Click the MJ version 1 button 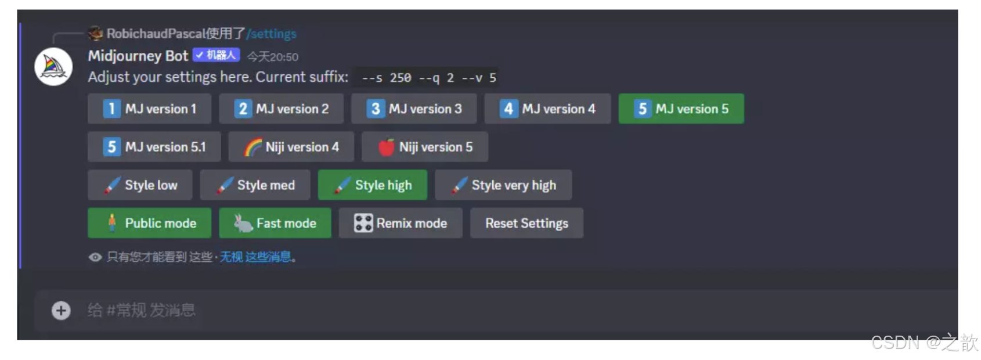[149, 109]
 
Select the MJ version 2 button [281, 109]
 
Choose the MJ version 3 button [414, 109]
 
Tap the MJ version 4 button [547, 109]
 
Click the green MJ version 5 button [681, 109]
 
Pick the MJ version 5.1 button [154, 147]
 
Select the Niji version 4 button [291, 147]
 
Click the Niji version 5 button [425, 147]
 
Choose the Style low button [140, 185]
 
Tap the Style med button [255, 185]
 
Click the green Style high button [373, 185]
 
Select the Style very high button [503, 185]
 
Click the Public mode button [149, 223]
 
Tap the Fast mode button [275, 223]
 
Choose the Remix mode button [401, 223]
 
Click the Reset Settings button [527, 223]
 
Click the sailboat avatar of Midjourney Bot [53, 67]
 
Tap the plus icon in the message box [61, 311]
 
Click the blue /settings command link [272, 34]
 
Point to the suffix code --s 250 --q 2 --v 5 [429, 78]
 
